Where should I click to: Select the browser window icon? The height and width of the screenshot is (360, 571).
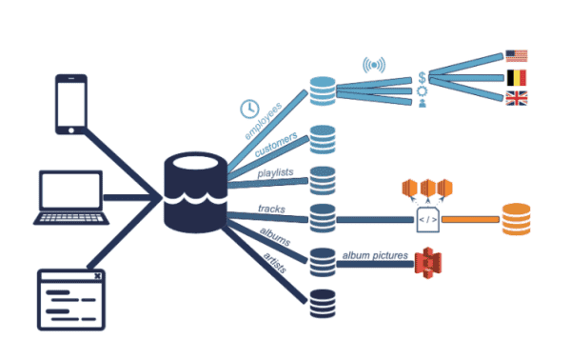pyautogui.click(x=69, y=298)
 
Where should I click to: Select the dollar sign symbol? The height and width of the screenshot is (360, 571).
pyautogui.click(x=421, y=77)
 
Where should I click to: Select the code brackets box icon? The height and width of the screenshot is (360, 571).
pyautogui.click(x=427, y=220)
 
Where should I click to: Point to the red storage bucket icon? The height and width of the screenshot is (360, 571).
pyautogui.click(x=429, y=261)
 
